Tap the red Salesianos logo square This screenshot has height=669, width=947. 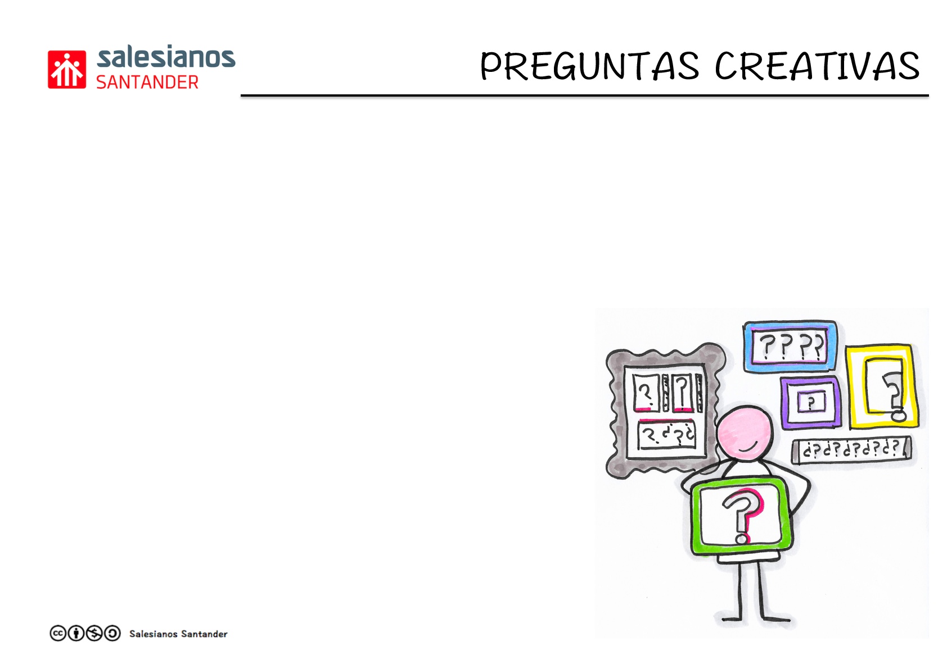click(67, 70)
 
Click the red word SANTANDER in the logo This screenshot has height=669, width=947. click(147, 83)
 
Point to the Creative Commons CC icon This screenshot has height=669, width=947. click(58, 634)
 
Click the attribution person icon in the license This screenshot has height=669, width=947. click(76, 634)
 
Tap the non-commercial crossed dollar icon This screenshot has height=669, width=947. click(94, 634)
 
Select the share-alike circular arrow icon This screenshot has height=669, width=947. click(112, 634)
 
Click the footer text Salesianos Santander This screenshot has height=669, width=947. click(178, 634)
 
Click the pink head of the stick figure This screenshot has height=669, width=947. click(745, 433)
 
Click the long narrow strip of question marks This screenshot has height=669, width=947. click(851, 451)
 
